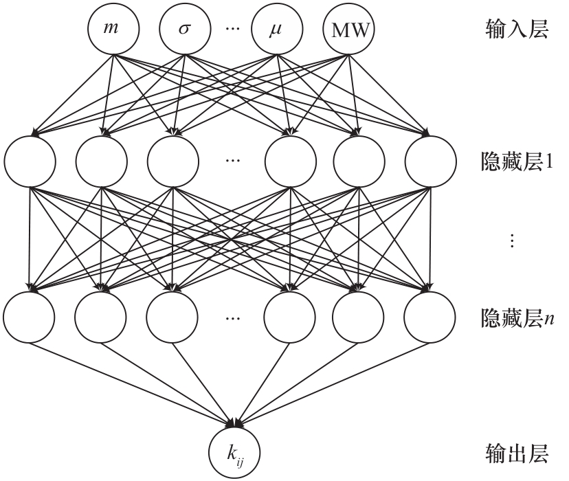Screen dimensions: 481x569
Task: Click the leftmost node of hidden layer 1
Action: (29, 161)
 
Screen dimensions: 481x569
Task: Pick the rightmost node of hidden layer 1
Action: (430, 161)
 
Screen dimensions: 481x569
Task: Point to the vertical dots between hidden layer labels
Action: (510, 240)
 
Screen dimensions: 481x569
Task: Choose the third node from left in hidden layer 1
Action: (172, 161)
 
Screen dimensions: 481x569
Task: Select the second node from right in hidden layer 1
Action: (358, 161)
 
